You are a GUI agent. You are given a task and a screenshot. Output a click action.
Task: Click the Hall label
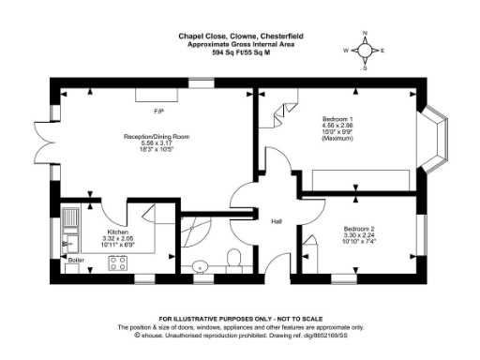[277, 221]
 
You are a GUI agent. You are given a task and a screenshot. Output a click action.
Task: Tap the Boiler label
[76, 260]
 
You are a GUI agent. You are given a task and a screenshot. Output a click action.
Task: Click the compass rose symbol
[366, 51]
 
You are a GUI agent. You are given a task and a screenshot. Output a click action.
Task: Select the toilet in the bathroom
[235, 257]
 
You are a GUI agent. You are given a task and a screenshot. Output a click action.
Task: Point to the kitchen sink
[72, 226]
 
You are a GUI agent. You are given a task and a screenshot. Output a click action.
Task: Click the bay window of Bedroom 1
[439, 143]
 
